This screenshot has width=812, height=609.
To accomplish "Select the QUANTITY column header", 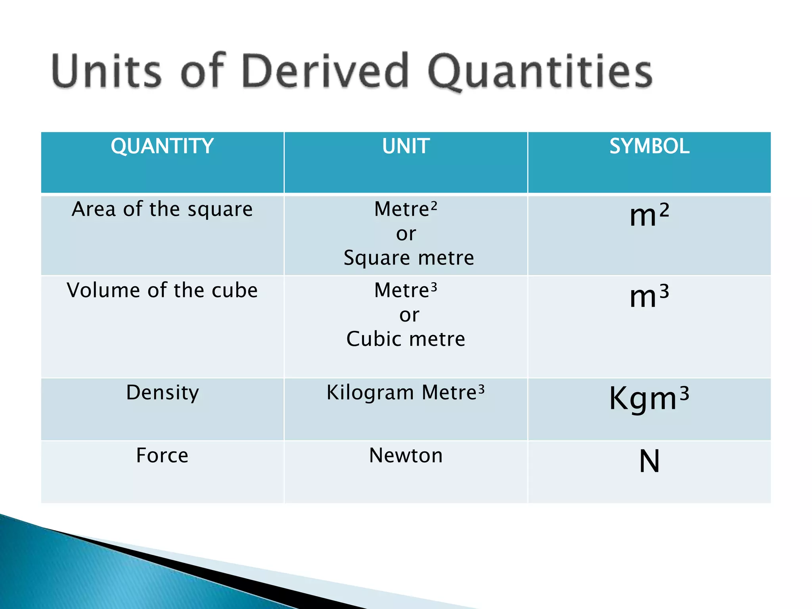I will coord(162,146).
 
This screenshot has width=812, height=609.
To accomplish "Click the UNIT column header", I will coord(406,146).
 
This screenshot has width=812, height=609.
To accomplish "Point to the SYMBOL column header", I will coord(649,146).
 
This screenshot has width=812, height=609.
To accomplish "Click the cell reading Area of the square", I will coord(162,209).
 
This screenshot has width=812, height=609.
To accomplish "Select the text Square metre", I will coord(408,258).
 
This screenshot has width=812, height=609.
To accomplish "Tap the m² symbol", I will coord(649,215).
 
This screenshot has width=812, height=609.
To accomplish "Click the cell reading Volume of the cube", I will coord(162,290).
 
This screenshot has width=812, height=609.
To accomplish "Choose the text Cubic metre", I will coord(406,339).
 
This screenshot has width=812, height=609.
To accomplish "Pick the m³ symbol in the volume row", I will coord(649,296).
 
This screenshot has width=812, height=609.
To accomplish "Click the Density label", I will coord(162,393).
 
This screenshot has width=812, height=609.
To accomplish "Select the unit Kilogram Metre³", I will coord(406,393).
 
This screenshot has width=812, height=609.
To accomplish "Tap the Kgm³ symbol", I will coord(649,398).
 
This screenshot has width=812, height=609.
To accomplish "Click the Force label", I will coord(162,455).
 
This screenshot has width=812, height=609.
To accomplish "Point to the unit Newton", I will coord(406,455).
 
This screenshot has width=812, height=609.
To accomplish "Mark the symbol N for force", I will coord(649,461).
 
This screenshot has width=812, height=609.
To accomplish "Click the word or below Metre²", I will coord(406,234).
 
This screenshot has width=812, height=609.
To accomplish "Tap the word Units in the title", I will coord(106,71).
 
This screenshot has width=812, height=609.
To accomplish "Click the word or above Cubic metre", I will coord(409,315).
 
